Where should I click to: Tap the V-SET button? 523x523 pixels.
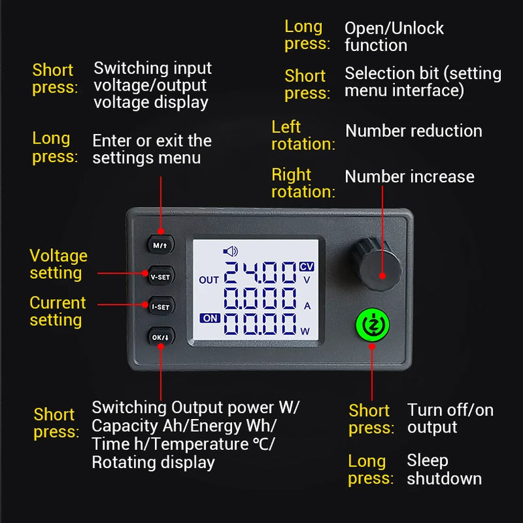(x=161, y=276)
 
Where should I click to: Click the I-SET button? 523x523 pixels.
(x=161, y=306)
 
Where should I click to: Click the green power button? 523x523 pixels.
(x=373, y=325)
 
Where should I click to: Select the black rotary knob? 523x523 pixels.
(x=376, y=264)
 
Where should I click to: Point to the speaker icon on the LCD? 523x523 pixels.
(x=230, y=251)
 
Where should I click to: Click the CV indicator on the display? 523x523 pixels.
(x=306, y=266)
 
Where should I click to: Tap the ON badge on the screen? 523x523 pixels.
(x=210, y=318)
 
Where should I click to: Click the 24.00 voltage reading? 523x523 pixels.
(x=260, y=272)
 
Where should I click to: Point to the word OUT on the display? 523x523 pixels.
(x=209, y=280)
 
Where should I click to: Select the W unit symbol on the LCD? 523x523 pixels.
(x=305, y=331)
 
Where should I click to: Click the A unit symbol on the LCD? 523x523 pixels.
(x=307, y=306)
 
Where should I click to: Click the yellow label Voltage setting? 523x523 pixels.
(x=59, y=264)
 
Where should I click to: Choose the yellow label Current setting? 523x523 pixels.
(x=58, y=311)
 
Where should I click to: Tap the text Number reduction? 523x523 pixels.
(x=414, y=131)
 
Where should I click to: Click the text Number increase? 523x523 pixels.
(x=409, y=176)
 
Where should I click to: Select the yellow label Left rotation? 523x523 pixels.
(x=303, y=135)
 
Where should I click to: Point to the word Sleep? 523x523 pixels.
(x=427, y=461)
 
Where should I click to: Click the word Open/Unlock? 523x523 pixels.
(x=394, y=28)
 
